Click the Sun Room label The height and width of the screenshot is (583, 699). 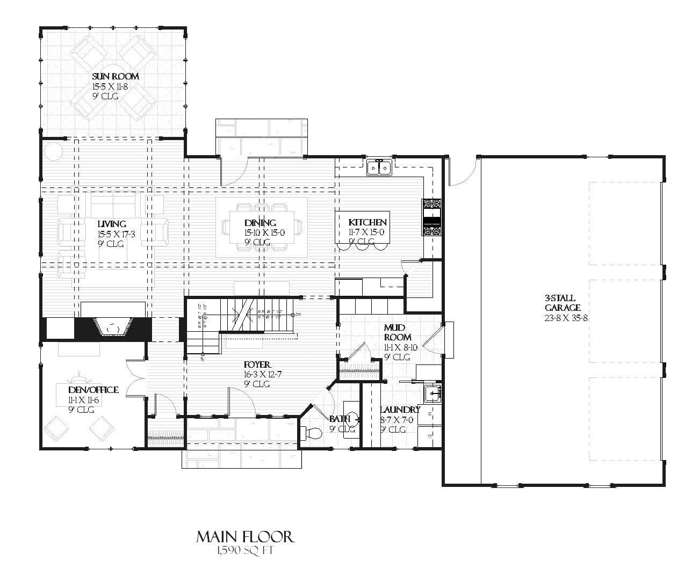click(x=115, y=76)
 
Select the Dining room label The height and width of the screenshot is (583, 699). click(x=260, y=223)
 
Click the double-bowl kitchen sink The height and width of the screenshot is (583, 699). click(x=379, y=167)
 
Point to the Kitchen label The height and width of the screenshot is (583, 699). click(x=367, y=222)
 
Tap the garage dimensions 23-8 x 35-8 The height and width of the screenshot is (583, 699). click(x=562, y=318)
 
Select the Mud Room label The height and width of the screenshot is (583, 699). click(x=398, y=332)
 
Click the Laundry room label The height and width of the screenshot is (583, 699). click(x=400, y=410)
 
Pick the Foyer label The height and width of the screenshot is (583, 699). click(x=257, y=365)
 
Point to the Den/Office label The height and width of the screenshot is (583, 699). click(x=93, y=390)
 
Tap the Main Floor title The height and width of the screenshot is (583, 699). click(x=244, y=537)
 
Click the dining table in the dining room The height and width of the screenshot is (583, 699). click(x=262, y=227)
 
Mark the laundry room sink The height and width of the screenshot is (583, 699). click(x=433, y=393)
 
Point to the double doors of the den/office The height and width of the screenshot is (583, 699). click(x=135, y=378)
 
